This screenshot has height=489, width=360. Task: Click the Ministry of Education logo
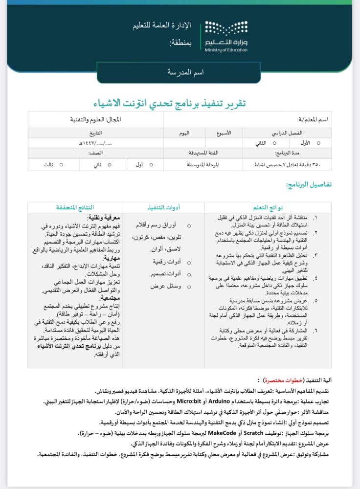[225, 36]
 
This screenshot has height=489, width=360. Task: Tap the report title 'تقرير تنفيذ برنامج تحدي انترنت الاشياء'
[170, 103]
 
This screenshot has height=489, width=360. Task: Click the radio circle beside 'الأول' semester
[319, 143]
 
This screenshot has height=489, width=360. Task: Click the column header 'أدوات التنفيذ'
[163, 207]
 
